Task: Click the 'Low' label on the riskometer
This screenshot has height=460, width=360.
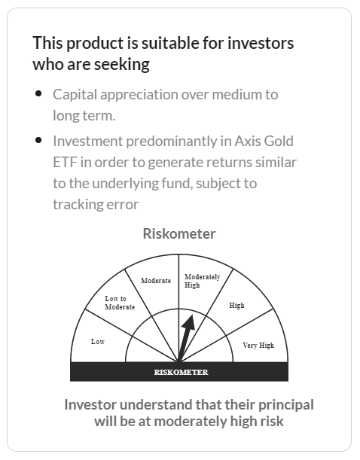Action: click(98, 342)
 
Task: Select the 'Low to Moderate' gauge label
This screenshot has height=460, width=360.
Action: click(120, 303)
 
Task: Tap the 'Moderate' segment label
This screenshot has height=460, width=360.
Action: click(156, 281)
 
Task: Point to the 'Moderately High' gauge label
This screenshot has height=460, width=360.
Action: click(202, 281)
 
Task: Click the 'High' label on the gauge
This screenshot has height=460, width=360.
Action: click(236, 306)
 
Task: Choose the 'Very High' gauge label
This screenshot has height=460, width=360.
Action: click(258, 346)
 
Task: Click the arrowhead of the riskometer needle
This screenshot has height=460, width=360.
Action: click(190, 318)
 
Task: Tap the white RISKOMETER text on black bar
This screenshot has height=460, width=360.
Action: click(181, 372)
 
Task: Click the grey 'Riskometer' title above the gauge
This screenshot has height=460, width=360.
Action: click(179, 233)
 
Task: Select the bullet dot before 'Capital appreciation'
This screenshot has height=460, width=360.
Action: click(38, 94)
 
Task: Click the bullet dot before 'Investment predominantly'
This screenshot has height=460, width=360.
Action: click(38, 141)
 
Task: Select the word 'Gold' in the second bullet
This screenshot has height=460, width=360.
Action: click(278, 141)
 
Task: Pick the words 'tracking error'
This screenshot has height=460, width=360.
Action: click(96, 203)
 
